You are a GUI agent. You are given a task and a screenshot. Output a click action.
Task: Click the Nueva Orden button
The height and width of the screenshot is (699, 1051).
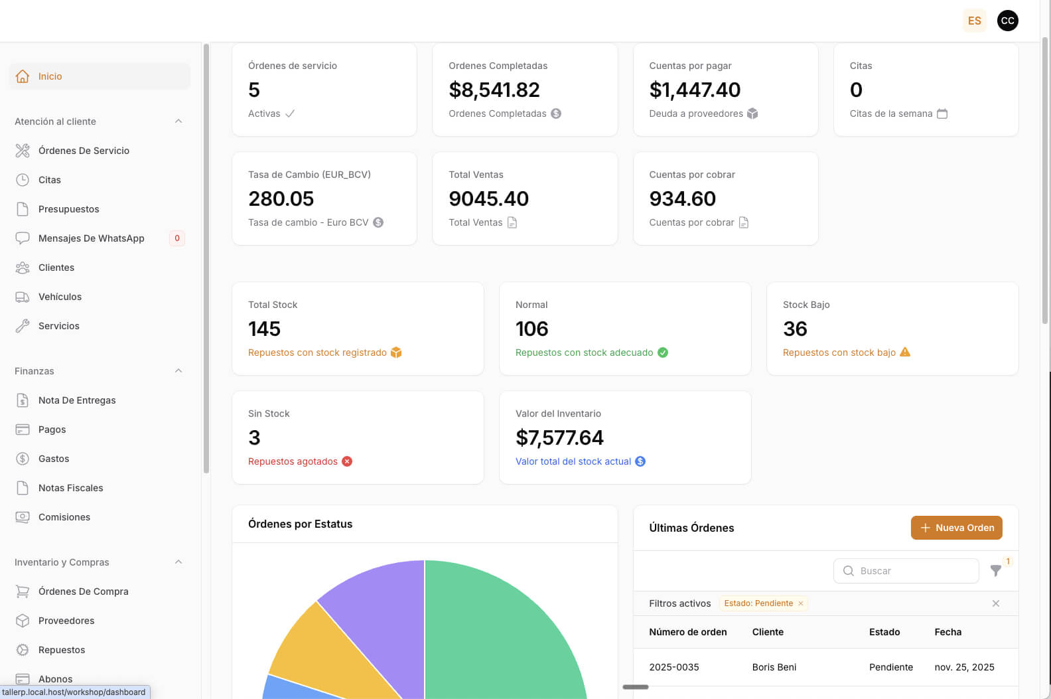click(x=956, y=528)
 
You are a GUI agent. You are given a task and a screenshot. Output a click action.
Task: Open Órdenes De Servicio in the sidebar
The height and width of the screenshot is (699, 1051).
click(x=84, y=151)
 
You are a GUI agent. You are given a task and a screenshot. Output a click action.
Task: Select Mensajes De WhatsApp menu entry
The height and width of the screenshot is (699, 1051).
click(x=91, y=238)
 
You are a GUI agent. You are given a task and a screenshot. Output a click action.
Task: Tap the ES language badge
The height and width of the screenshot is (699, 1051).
click(x=974, y=21)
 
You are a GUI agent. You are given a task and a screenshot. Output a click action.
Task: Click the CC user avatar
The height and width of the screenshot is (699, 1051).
click(x=1007, y=21)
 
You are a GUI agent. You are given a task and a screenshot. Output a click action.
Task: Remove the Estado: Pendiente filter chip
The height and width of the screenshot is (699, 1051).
click(x=801, y=603)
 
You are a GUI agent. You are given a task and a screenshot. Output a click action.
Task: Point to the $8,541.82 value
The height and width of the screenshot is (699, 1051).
click(x=494, y=90)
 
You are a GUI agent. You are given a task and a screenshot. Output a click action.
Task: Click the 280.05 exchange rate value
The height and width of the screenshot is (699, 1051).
click(x=281, y=198)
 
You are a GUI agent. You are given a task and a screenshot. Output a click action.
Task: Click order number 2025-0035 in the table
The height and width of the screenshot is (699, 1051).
click(x=674, y=667)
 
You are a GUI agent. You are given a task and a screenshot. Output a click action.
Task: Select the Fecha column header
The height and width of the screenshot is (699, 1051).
click(x=947, y=632)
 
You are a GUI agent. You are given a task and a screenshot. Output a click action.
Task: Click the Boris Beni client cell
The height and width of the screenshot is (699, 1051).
click(x=774, y=667)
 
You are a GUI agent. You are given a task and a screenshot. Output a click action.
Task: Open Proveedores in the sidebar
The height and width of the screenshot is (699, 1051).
click(x=66, y=621)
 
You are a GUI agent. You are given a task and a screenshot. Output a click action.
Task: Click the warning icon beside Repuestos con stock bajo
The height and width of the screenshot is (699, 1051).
click(x=905, y=352)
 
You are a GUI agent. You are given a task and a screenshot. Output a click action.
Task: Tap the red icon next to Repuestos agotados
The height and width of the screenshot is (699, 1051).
click(x=347, y=461)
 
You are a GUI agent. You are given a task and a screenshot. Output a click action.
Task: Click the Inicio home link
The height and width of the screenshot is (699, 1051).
click(x=50, y=76)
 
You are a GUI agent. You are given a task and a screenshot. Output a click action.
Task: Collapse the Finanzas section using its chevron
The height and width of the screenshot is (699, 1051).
click(x=178, y=371)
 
